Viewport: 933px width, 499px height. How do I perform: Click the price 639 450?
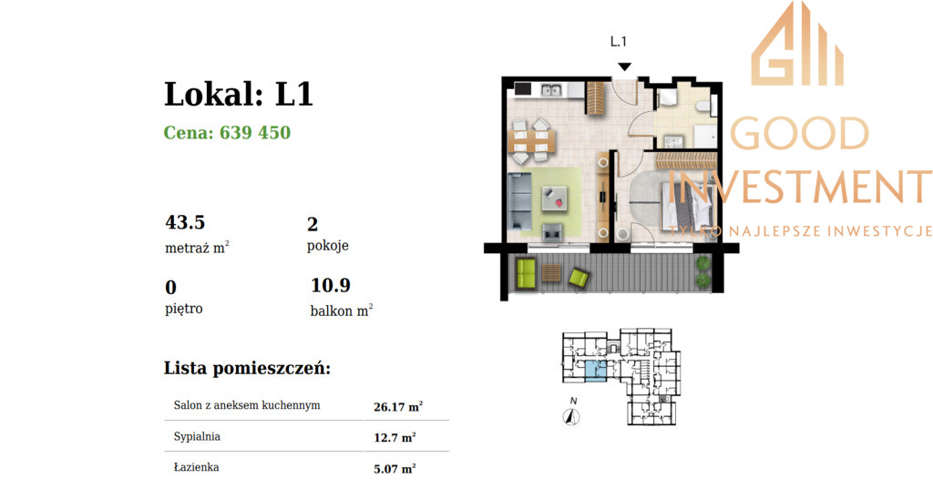(x=255, y=132)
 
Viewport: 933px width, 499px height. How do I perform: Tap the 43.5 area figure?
(x=185, y=222)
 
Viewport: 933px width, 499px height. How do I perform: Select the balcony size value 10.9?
(x=331, y=286)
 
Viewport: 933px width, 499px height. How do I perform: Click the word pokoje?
(x=328, y=246)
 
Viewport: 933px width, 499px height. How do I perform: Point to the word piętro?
(x=184, y=309)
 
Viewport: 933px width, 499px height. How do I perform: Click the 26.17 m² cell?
(x=398, y=407)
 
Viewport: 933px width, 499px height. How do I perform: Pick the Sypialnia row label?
(x=197, y=436)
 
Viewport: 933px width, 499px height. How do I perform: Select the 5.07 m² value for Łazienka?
(x=395, y=469)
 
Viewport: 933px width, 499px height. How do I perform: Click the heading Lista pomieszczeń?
(x=247, y=368)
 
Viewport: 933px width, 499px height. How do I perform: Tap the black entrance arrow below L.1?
(x=624, y=66)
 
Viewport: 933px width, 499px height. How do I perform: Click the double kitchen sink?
(x=551, y=90)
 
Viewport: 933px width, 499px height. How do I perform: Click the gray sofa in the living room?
(x=518, y=201)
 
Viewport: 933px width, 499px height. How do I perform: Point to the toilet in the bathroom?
(x=702, y=106)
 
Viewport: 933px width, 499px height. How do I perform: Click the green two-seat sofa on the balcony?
(x=526, y=274)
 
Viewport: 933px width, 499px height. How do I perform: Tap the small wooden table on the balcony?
(x=551, y=273)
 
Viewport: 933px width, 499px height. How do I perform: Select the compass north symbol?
(x=571, y=417)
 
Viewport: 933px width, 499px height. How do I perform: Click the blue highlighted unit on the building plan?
(x=596, y=370)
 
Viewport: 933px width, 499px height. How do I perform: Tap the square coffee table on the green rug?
(x=555, y=199)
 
